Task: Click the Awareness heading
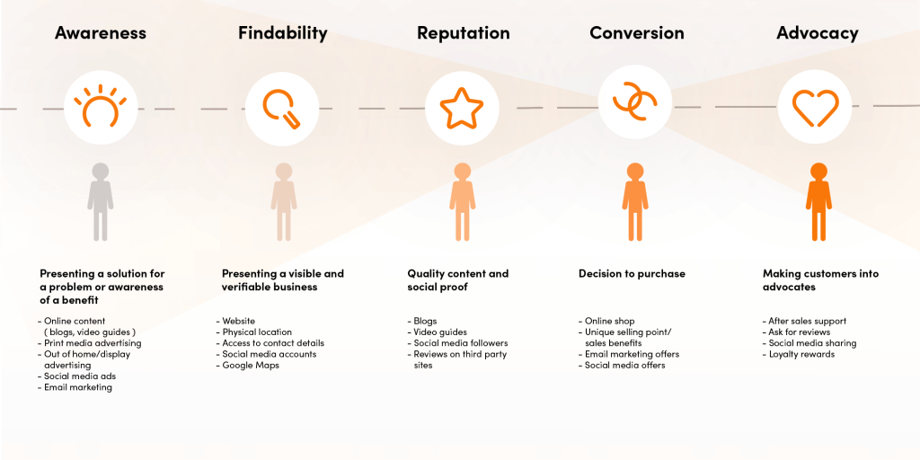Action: click(x=100, y=33)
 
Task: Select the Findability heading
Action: click(x=282, y=33)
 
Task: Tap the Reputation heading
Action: click(x=463, y=33)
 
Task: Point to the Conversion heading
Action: click(x=636, y=33)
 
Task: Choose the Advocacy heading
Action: click(x=817, y=33)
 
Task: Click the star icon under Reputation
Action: click(x=462, y=108)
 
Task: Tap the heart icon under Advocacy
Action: click(x=815, y=108)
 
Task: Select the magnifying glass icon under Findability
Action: click(x=282, y=109)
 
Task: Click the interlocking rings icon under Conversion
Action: click(x=635, y=104)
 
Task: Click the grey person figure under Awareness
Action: click(x=101, y=201)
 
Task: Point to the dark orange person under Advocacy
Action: click(x=818, y=201)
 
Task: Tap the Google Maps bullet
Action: click(x=251, y=366)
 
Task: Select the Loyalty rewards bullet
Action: click(x=801, y=354)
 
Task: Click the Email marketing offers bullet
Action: click(x=632, y=354)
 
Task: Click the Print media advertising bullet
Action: click(x=92, y=343)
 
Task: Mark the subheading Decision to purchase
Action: click(x=632, y=274)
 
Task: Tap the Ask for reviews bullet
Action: click(x=799, y=332)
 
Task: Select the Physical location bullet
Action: click(x=256, y=332)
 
